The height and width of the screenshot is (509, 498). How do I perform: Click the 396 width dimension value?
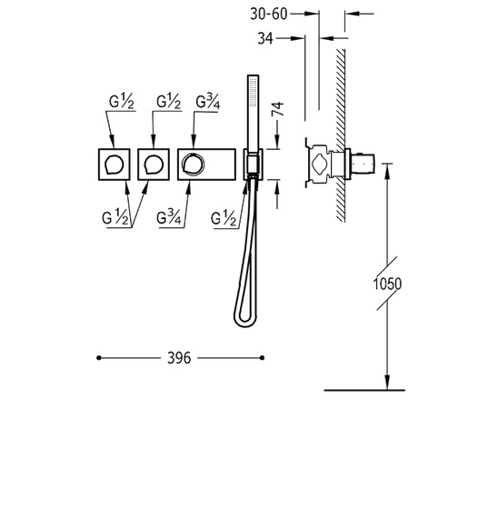click(x=179, y=358)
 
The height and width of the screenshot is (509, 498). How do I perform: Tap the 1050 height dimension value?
click(x=387, y=284)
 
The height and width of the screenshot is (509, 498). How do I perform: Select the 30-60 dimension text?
click(x=269, y=14)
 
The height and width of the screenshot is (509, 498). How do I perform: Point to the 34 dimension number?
click(x=265, y=38)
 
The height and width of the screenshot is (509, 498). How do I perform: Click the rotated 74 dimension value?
click(x=277, y=108)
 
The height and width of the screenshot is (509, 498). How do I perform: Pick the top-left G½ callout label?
click(x=122, y=101)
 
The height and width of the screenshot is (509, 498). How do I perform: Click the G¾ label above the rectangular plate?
click(x=208, y=102)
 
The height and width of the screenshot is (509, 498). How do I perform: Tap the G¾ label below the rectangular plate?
click(x=168, y=217)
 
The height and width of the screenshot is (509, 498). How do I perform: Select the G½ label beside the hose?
click(x=224, y=218)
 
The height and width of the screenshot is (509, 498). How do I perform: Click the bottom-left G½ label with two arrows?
click(x=115, y=217)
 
